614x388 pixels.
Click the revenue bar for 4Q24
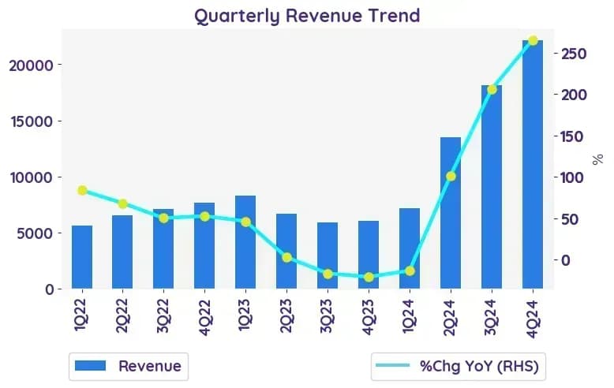[x=533, y=164]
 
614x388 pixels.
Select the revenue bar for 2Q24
[x=451, y=213]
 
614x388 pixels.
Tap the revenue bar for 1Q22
[x=82, y=257]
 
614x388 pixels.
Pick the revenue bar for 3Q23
[x=328, y=256]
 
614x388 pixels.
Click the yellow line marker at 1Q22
[x=82, y=191]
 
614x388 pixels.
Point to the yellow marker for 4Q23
[x=369, y=278]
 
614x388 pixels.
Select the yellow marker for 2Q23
[x=286, y=257]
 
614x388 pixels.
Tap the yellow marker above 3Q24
[x=492, y=90]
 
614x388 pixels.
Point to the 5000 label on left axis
[x=35, y=233]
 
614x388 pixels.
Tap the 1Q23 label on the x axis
[x=245, y=315]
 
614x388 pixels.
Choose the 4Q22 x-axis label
[x=204, y=317]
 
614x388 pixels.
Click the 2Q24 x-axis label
[x=451, y=317]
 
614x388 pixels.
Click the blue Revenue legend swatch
[x=90, y=366]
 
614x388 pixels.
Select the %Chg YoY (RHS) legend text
[x=479, y=366]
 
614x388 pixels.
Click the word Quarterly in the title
[x=237, y=17]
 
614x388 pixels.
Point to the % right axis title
[x=597, y=159]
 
